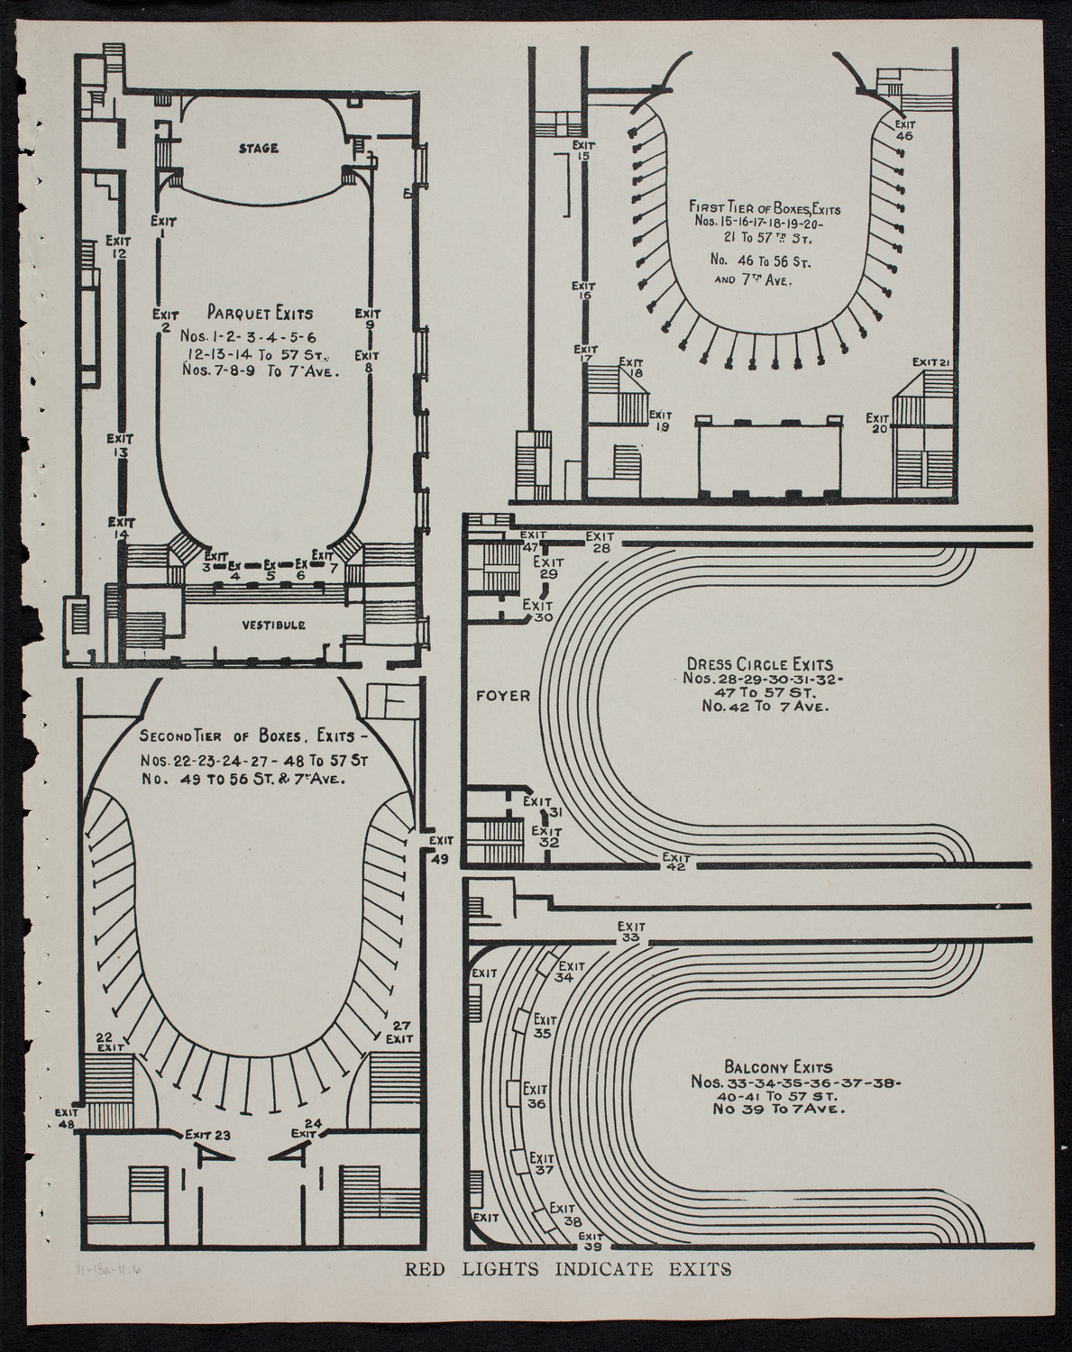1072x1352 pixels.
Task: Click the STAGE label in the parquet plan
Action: pos(260,149)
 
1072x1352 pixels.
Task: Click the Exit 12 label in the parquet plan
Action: pos(118,247)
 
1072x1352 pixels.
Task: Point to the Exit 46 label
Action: pos(904,130)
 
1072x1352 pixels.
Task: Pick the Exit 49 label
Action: pos(439,848)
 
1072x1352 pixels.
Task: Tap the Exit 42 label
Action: pos(674,861)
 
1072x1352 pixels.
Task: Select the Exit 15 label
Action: pos(583,150)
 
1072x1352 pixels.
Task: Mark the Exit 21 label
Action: pos(931,362)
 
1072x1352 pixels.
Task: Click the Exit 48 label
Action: pos(68,1118)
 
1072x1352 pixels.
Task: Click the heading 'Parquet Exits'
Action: pos(261,314)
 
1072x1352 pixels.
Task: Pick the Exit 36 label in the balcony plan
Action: pos(536,1095)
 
